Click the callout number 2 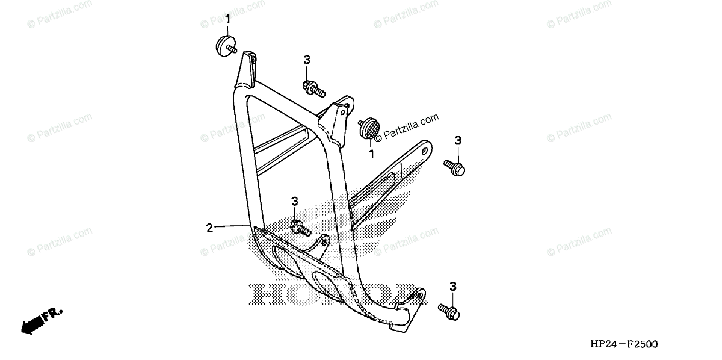[x=209, y=228]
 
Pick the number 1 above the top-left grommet [x=228, y=20]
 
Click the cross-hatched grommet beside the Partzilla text [x=368, y=129]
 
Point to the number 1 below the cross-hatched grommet [x=371, y=154]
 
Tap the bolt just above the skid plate [x=299, y=228]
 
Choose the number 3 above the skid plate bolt [x=295, y=201]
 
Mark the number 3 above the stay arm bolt [x=458, y=140]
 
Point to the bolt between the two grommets [x=313, y=89]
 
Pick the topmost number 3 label [x=307, y=59]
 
